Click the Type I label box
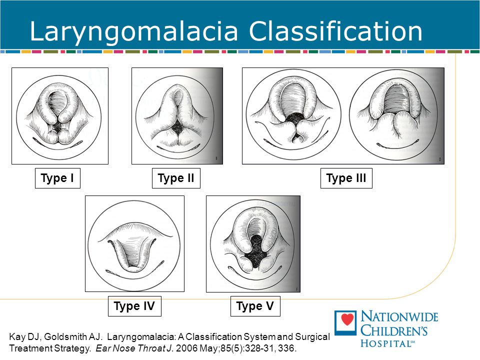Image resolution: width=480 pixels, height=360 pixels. coord(57,178)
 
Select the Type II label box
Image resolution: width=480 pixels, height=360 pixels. coord(176,178)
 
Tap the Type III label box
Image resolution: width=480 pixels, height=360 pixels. coord(346,178)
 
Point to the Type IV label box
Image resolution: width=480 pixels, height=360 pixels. coord(134,306)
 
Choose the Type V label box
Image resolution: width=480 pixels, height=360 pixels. coord(255,306)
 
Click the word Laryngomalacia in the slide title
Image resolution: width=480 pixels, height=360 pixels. coord(134,32)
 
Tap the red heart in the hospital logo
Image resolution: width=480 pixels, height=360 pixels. coord(347,319)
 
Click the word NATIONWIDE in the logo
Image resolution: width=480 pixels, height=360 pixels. coord(399,316)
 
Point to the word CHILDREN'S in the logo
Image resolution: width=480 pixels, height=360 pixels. coord(394,330)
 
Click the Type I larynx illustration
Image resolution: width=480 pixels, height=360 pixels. coord(59,117)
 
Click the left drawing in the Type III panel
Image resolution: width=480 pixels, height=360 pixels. coord(293,114)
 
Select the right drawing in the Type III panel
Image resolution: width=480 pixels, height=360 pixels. coord(394,114)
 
